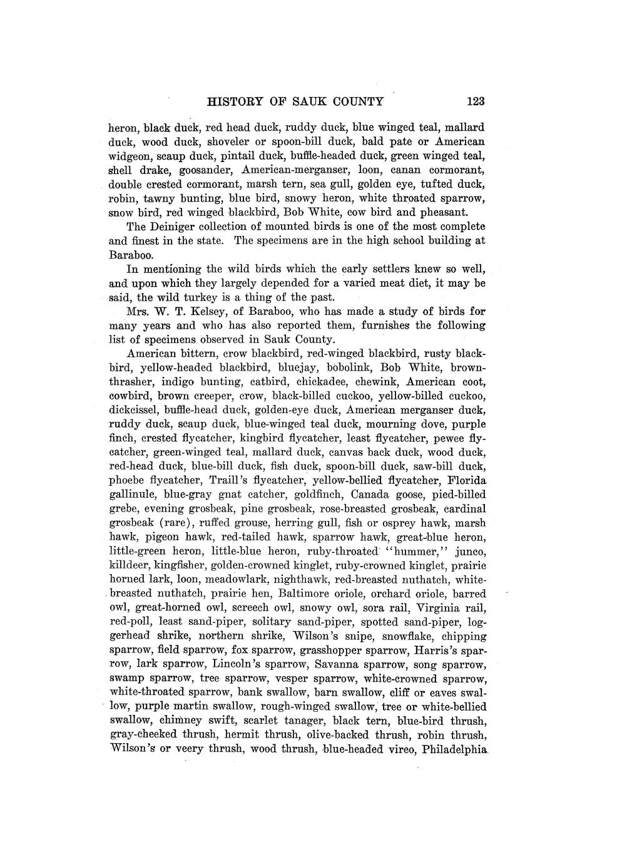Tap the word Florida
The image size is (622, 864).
tap(467, 480)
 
